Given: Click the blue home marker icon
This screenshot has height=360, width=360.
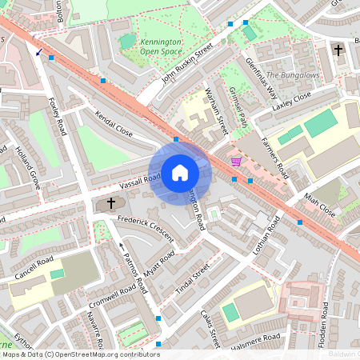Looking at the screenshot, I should pos(180,172).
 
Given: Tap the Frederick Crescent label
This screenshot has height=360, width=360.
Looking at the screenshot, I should pos(145,223).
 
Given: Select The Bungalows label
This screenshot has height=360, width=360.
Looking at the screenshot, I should pos(293,75).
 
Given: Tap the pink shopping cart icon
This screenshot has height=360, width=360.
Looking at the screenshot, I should pos(236,161).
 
